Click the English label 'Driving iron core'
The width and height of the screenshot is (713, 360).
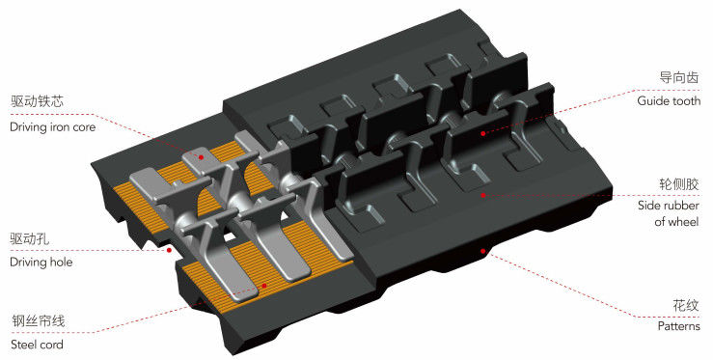(53, 127)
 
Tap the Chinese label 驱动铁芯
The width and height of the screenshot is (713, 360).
(37, 101)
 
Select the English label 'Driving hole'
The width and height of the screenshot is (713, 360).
(41, 263)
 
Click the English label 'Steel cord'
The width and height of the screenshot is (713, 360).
(37, 345)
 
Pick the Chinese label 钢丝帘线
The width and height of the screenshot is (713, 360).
(39, 320)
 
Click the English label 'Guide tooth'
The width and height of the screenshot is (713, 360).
(669, 101)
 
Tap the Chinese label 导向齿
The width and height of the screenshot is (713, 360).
(679, 77)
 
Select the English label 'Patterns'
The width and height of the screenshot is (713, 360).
(679, 326)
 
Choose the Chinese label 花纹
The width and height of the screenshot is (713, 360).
(686, 305)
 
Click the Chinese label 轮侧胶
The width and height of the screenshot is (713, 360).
(679, 184)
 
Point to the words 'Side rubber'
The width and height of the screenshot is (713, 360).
(669, 206)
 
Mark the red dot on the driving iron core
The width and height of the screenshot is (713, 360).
(201, 157)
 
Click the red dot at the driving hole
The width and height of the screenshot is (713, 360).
(169, 250)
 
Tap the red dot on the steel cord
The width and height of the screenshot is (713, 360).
(264, 286)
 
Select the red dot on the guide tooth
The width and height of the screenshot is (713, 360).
(483, 133)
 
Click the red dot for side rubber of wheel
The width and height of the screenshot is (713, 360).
(483, 195)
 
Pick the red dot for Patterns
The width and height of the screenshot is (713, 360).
(483, 251)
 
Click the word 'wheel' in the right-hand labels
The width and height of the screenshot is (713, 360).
(684, 222)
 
